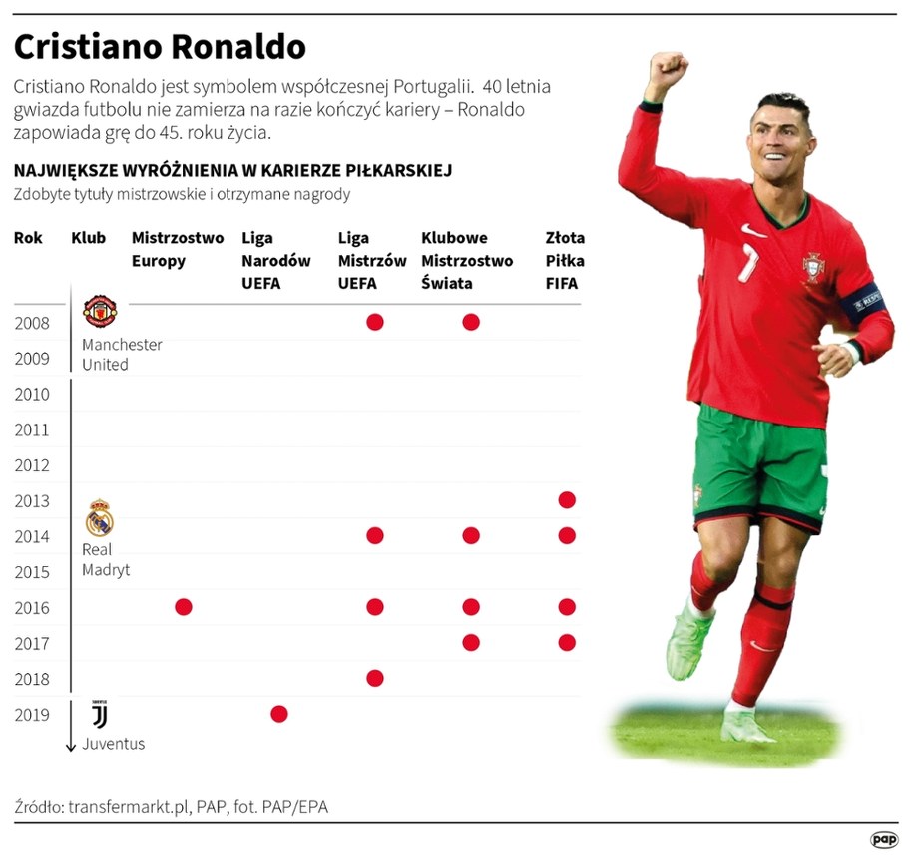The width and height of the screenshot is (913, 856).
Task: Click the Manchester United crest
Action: tap(100, 312)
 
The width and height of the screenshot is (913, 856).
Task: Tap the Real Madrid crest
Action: tap(100, 520)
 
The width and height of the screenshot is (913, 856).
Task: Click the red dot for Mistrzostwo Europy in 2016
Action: tap(183, 607)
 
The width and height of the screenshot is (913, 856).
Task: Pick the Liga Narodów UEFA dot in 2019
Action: tap(279, 714)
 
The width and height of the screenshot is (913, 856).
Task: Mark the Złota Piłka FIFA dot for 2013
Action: tap(567, 499)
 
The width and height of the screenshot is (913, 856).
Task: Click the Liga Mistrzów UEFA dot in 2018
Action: tap(375, 679)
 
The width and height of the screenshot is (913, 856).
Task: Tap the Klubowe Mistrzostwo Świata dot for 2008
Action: tap(471, 322)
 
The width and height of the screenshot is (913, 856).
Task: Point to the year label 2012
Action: tap(32, 465)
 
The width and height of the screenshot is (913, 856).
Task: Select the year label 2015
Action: tap(32, 572)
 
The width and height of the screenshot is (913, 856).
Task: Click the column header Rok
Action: tap(28, 239)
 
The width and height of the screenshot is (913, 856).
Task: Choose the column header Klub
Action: tap(88, 239)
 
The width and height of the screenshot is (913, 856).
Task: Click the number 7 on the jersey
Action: tap(749, 262)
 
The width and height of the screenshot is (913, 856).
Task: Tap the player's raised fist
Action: tap(667, 72)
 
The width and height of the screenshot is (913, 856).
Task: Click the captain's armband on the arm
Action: tap(862, 300)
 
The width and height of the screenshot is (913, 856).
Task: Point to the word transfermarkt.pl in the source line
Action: tap(129, 805)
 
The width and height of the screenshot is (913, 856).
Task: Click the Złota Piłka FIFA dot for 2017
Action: tap(567, 643)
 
